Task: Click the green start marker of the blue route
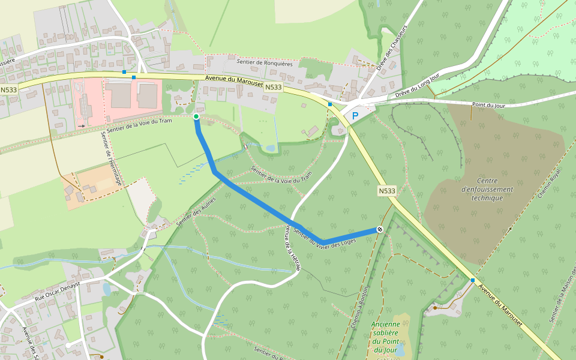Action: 196,116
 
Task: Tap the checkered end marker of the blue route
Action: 380,229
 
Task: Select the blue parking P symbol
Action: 355,116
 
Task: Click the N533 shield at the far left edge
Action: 8,90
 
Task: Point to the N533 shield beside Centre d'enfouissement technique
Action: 387,191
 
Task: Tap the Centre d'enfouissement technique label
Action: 487,189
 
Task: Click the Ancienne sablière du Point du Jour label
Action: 385,337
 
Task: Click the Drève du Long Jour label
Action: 418,88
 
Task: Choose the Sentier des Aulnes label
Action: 196,211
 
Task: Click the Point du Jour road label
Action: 488,105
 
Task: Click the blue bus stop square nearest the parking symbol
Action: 330,104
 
